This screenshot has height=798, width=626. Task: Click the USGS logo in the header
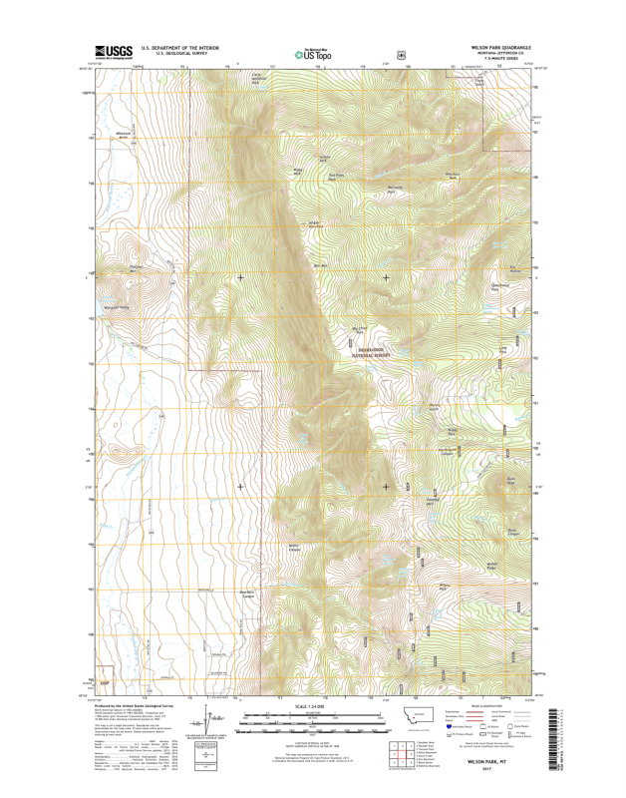tap(114, 52)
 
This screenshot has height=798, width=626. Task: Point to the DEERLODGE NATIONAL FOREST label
tap(377, 351)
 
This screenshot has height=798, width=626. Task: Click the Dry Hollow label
tap(515, 268)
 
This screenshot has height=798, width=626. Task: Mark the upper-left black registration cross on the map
tap(239, 277)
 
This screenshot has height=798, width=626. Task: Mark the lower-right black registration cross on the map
tap(386, 487)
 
